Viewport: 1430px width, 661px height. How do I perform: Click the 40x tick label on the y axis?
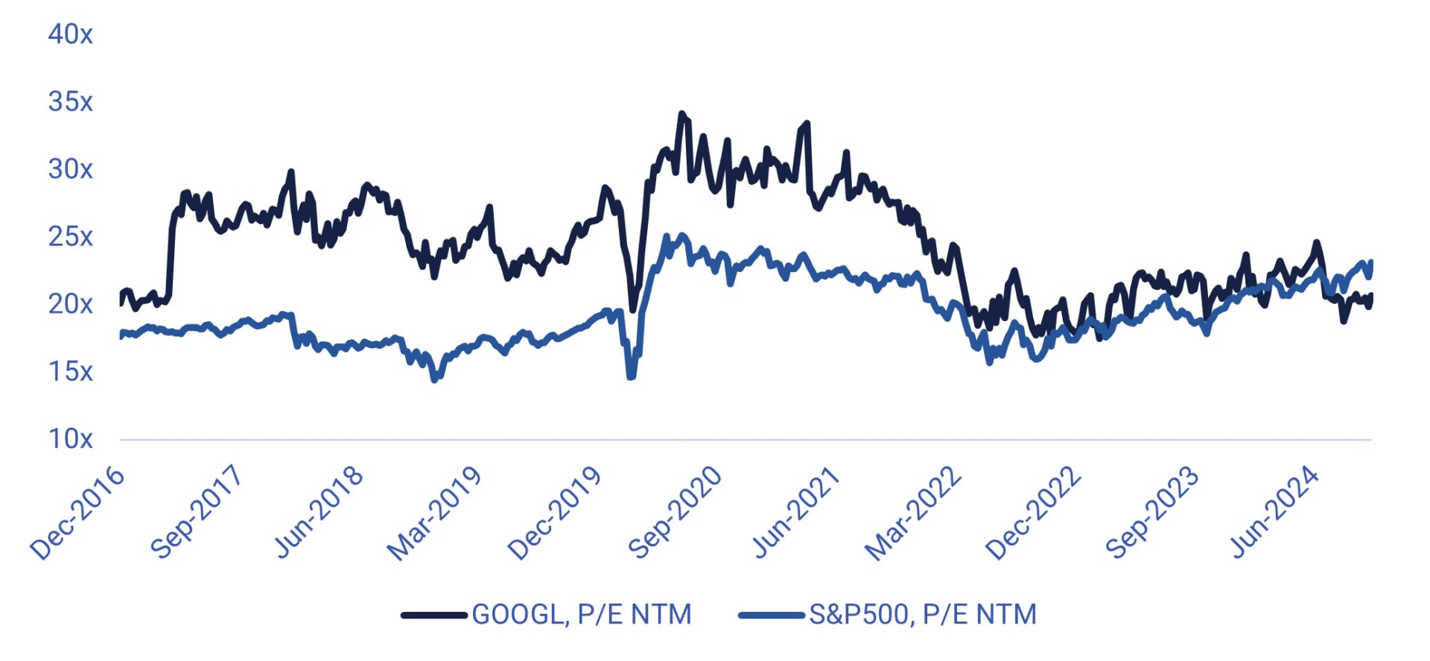(x=70, y=34)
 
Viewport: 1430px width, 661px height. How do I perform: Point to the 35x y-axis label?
(x=70, y=102)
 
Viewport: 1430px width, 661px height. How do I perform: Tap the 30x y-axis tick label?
(x=70, y=169)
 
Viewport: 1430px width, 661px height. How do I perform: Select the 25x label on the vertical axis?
(x=70, y=237)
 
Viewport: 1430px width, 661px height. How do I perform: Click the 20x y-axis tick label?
(x=70, y=304)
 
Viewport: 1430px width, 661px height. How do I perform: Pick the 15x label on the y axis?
(x=70, y=371)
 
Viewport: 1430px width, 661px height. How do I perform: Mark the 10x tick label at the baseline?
(x=70, y=439)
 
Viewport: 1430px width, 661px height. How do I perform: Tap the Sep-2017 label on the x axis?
(x=196, y=512)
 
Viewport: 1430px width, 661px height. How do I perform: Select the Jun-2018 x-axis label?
(x=318, y=512)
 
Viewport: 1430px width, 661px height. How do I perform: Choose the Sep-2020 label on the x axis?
(x=675, y=512)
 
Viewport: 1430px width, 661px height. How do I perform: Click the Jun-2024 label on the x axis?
(x=1274, y=512)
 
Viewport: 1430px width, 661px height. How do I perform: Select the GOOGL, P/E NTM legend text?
(x=582, y=615)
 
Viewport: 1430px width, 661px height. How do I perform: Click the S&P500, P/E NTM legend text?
(x=923, y=615)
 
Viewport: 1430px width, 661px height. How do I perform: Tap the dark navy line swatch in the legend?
(x=433, y=616)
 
